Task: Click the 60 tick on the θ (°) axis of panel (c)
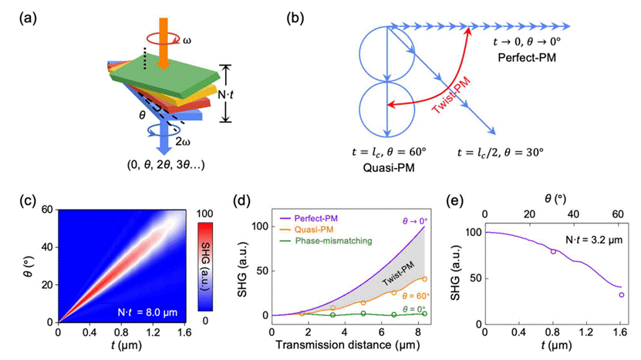coord(46,210)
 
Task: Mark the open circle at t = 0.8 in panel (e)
coord(553,251)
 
